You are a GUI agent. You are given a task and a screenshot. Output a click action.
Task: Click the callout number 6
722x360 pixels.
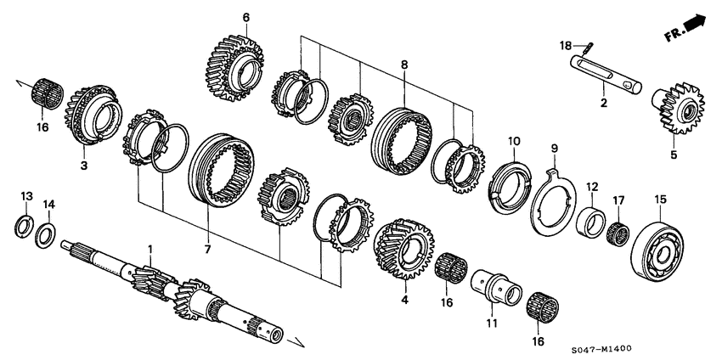point(245,17)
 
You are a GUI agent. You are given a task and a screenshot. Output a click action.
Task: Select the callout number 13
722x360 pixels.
point(26,197)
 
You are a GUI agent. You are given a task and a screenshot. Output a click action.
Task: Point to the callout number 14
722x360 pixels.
point(48,205)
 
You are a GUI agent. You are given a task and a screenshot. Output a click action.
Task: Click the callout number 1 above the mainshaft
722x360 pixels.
point(151,249)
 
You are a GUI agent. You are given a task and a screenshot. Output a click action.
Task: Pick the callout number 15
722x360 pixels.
point(661,200)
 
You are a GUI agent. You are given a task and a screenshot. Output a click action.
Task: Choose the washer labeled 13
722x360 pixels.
point(26,227)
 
